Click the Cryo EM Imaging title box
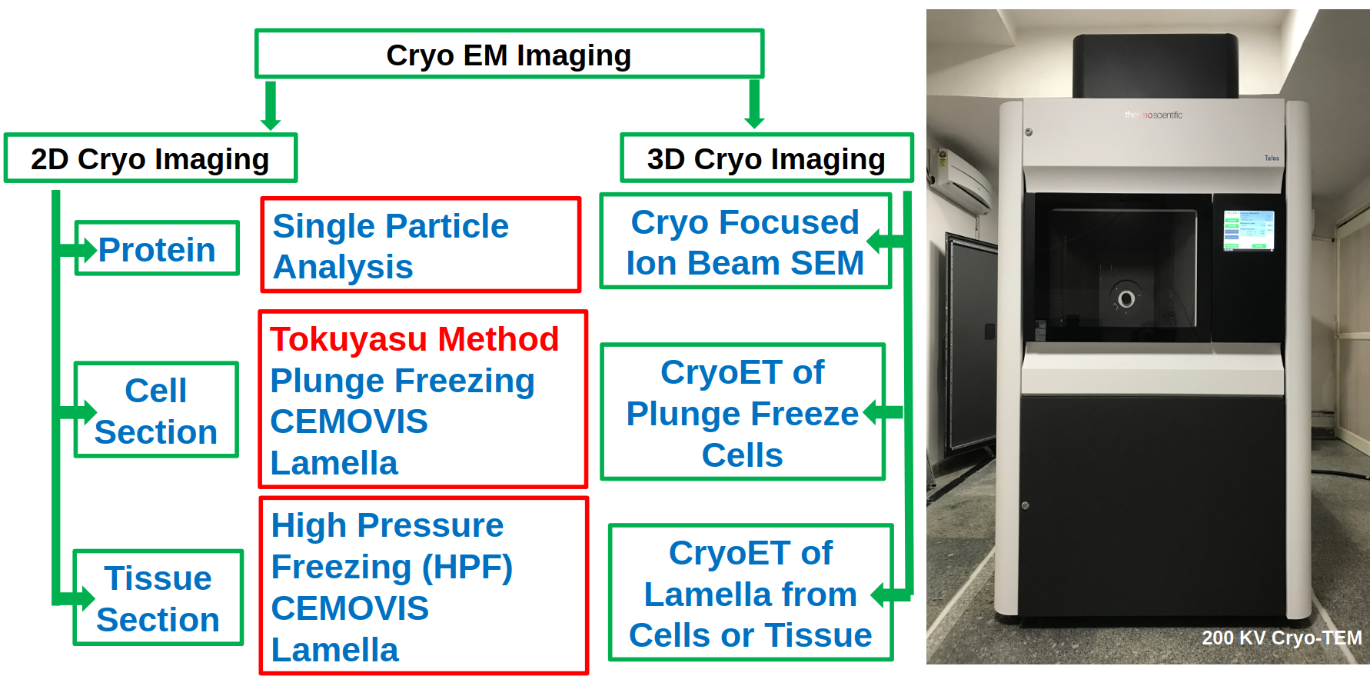[509, 55]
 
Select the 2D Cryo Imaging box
[151, 158]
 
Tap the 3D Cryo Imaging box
[766, 158]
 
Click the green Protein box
[158, 248]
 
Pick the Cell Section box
[156, 410]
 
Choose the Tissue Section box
[158, 598]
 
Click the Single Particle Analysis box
[421, 245]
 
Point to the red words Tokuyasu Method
[414, 339]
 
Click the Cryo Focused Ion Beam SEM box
[745, 241]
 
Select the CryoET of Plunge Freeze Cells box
[743, 412]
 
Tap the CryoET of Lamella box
[750, 593]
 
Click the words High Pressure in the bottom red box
[387, 525]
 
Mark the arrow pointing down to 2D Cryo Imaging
[271, 106]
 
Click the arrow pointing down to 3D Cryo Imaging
[755, 105]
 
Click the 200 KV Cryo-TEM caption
[1281, 638]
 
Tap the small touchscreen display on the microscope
[1249, 230]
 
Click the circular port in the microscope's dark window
[1126, 298]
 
